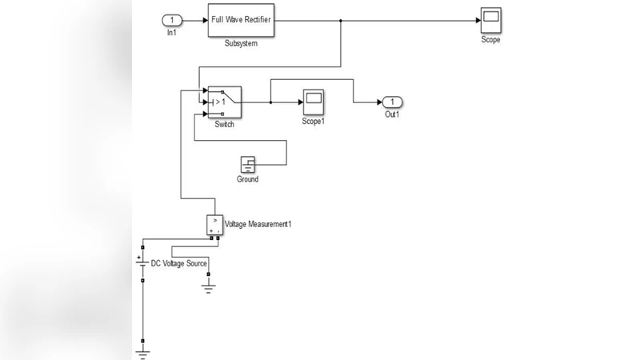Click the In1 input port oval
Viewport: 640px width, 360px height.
(x=171, y=19)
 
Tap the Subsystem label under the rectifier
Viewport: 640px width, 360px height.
(x=242, y=43)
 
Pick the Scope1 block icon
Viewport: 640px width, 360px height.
(x=312, y=102)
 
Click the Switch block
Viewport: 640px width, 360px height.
(x=224, y=102)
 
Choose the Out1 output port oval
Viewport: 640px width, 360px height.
(x=392, y=102)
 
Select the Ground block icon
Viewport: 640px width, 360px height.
(x=248, y=165)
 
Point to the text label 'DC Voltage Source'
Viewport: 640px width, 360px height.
(x=179, y=262)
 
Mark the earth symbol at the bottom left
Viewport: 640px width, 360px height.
(x=142, y=349)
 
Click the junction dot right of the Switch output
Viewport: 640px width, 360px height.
(x=270, y=102)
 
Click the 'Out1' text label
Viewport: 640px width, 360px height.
(x=392, y=115)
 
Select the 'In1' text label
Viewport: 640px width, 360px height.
(x=171, y=33)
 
